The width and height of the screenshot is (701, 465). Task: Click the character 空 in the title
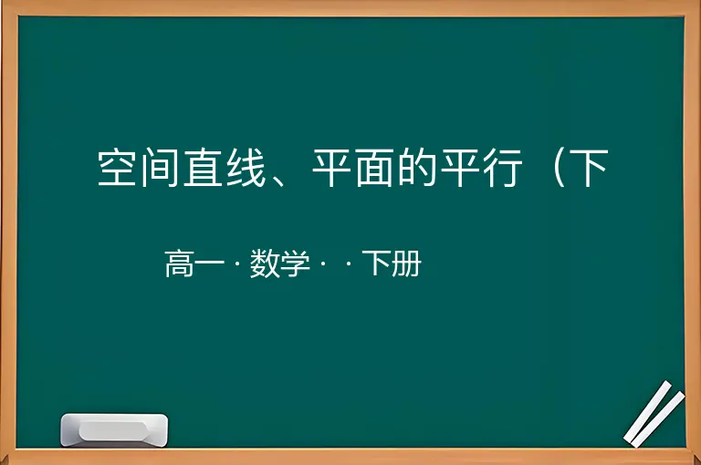pos(117,168)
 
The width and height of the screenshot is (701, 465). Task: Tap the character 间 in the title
pos(160,168)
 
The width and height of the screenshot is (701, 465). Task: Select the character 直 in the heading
pos(203,168)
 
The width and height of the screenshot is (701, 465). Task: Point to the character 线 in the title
pos(246,168)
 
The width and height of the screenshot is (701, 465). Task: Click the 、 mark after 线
pos(279,180)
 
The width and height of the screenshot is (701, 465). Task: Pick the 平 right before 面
pos(331,168)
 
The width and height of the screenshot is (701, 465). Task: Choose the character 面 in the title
pos(374,168)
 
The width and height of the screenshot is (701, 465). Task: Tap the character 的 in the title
pos(416,168)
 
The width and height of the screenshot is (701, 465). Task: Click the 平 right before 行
pos(460,168)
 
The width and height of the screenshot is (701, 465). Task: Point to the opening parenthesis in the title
pos(559,168)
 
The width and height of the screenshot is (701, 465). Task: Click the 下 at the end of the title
pos(590,168)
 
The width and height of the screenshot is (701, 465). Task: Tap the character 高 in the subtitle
pos(179,263)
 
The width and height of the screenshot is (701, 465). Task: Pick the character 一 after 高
pos(210,264)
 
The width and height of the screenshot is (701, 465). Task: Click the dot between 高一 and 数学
pos(237,264)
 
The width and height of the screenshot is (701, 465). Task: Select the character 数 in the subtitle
pos(265,263)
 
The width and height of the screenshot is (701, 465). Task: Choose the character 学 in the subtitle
pos(295,263)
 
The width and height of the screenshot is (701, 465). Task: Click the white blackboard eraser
pos(114,429)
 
